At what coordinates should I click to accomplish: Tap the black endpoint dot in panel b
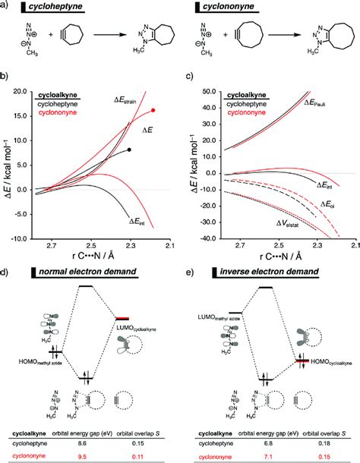(x=130, y=150)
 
